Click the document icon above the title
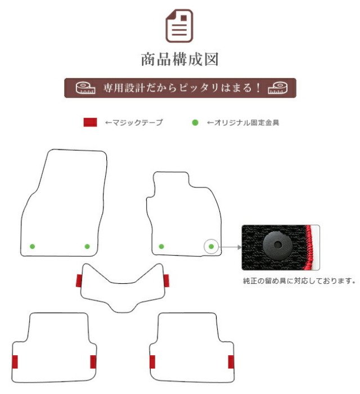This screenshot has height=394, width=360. click(179, 26)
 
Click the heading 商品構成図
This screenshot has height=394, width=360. click(179, 60)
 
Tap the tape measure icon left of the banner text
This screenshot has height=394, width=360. click(85, 88)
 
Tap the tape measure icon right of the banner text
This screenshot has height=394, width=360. click(277, 88)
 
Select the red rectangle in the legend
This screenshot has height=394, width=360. click(90, 123)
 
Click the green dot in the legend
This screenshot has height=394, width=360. click(195, 123)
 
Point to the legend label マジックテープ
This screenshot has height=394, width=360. click(134, 123)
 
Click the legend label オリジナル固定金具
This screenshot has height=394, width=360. click(243, 123)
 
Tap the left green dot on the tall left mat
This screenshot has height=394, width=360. click(33, 247)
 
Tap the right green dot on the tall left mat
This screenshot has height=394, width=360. click(87, 247)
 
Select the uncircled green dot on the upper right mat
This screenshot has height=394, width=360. click(161, 247)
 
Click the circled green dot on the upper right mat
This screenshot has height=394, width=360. click(211, 247)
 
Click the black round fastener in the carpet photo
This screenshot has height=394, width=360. click(277, 245)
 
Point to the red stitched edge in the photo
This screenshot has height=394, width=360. click(309, 247)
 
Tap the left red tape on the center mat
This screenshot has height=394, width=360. click(79, 280)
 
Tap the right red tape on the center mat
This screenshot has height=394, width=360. click(166, 280)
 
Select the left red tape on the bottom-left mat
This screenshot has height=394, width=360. click(15, 362)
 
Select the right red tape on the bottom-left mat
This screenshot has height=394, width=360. click(93, 362)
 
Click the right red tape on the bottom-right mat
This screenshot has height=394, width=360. click(231, 362)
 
